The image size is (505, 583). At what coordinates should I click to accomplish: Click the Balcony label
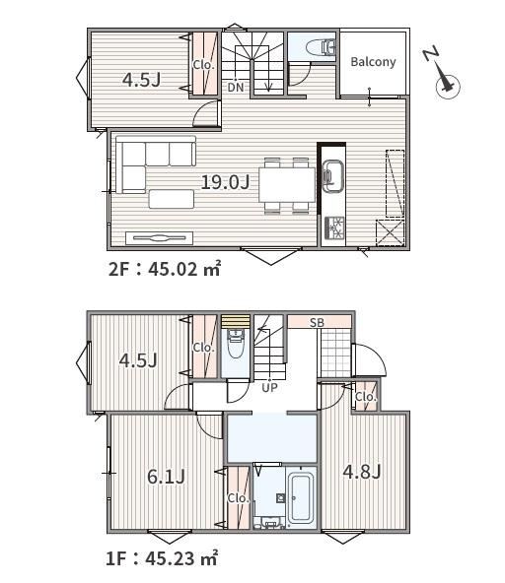[x=373, y=62]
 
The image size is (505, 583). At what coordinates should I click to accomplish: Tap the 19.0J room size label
[x=225, y=182]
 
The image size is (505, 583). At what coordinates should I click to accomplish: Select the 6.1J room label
[x=166, y=477]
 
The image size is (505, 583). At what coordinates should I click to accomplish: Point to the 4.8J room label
[x=362, y=472]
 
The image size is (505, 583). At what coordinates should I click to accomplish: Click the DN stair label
[x=236, y=88]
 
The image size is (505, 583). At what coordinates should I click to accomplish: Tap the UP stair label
[x=269, y=388]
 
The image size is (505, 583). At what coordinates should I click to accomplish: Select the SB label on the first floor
[x=317, y=323]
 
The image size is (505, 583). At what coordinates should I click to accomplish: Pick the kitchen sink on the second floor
[x=331, y=176]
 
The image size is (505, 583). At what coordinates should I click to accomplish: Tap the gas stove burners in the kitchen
[x=334, y=227]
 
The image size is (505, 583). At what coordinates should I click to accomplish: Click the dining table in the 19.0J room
[x=287, y=185]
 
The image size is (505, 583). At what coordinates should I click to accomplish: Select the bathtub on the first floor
[x=301, y=498]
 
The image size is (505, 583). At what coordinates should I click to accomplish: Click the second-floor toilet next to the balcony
[x=321, y=47]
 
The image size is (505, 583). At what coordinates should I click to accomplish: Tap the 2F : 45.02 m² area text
[x=165, y=269]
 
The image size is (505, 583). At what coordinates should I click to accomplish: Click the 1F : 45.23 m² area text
[x=162, y=558]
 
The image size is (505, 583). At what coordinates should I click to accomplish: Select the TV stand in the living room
[x=160, y=238]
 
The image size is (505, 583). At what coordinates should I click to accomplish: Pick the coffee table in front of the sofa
[x=172, y=199]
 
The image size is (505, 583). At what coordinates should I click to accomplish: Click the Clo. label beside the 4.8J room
[x=366, y=397]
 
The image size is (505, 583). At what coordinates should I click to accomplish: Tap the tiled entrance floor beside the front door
[x=336, y=353]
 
